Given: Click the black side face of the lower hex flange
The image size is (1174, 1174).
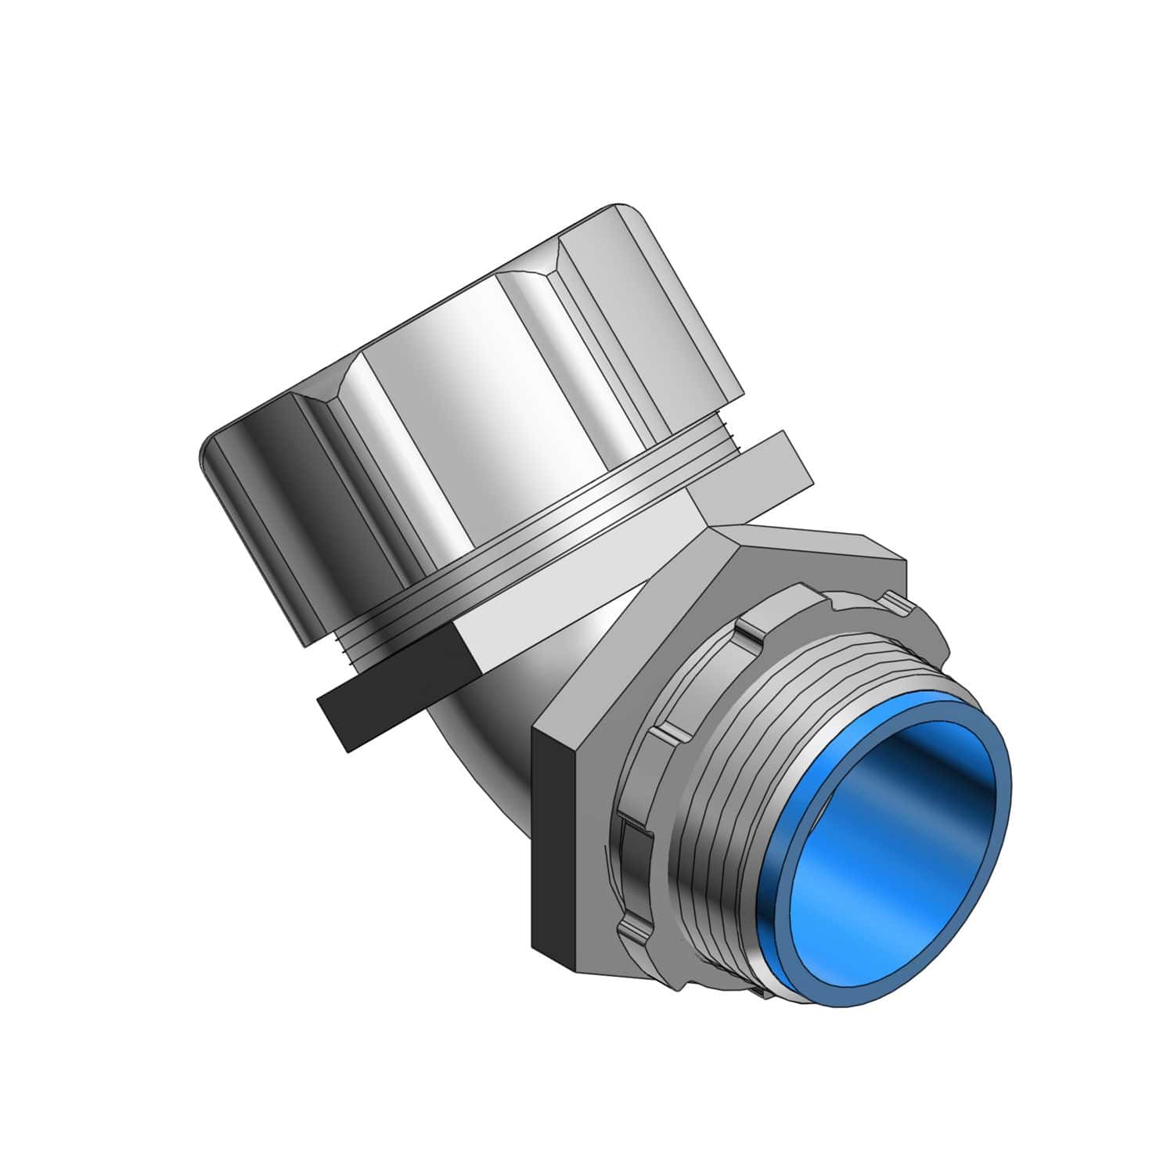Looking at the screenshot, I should (556, 845).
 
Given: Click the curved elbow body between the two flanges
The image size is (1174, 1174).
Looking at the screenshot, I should (501, 704).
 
